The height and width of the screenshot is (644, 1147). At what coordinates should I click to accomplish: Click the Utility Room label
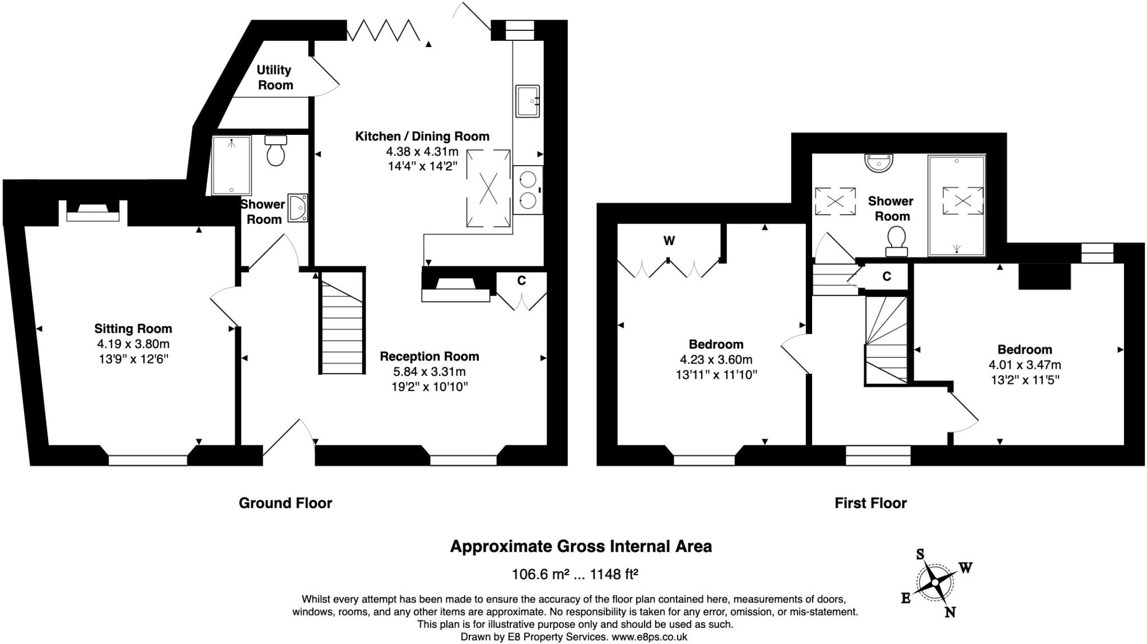click(x=274, y=77)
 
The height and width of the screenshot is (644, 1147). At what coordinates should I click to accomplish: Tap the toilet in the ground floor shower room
click(x=276, y=151)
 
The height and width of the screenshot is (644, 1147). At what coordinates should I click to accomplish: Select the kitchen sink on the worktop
click(x=527, y=101)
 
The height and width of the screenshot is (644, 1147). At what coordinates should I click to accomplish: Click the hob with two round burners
click(x=528, y=190)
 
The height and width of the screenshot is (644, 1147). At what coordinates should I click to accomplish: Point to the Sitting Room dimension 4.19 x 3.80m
click(x=133, y=344)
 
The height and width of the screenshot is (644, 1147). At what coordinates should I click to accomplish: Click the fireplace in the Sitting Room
click(x=93, y=212)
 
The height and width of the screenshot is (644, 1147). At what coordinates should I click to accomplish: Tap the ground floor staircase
click(x=342, y=325)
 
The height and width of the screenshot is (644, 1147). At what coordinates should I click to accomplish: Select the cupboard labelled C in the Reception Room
click(x=521, y=281)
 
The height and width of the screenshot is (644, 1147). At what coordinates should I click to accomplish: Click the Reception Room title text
click(x=429, y=356)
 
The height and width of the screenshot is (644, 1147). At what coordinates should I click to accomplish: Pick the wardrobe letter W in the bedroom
click(x=669, y=241)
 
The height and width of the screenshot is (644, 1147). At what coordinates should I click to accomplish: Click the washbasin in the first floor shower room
click(x=878, y=163)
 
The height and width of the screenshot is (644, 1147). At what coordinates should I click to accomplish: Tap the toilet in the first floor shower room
click(x=896, y=240)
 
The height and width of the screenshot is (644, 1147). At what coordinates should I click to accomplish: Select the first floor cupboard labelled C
click(x=887, y=276)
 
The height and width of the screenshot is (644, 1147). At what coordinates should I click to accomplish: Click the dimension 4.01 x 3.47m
click(x=1024, y=365)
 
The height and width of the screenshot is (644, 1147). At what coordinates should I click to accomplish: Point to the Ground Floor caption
click(x=285, y=503)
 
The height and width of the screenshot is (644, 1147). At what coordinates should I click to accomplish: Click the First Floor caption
click(x=870, y=503)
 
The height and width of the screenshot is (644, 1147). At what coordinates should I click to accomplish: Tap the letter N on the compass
click(x=950, y=612)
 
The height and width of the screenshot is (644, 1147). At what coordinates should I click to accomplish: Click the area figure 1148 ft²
click(x=614, y=574)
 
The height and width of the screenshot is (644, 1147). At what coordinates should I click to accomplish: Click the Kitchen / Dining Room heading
click(x=422, y=136)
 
